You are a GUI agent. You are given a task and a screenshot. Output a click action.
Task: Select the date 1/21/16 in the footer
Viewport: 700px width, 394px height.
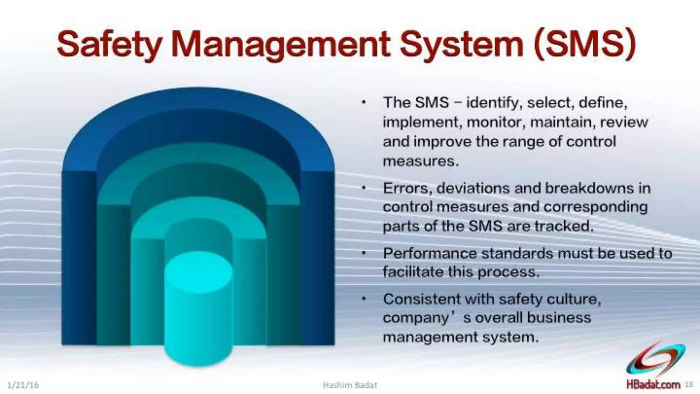[23, 385]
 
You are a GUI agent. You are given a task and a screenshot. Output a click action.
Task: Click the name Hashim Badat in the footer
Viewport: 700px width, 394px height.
[350, 385]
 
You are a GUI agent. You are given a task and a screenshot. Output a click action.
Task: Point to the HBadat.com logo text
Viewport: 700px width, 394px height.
[653, 384]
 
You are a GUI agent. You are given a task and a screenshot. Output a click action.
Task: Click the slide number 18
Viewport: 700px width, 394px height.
[689, 384]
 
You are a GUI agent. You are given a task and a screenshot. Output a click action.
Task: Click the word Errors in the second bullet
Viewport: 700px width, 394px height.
[405, 188]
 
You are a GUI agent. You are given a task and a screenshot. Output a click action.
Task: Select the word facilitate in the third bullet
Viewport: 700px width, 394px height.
[413, 272]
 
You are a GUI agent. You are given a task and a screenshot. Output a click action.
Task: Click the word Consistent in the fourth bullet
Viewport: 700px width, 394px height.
[422, 299]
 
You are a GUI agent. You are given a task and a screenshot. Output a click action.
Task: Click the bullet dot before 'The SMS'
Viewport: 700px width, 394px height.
[365, 102]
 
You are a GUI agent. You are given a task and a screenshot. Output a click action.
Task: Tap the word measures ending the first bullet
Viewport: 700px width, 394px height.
[420, 161]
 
